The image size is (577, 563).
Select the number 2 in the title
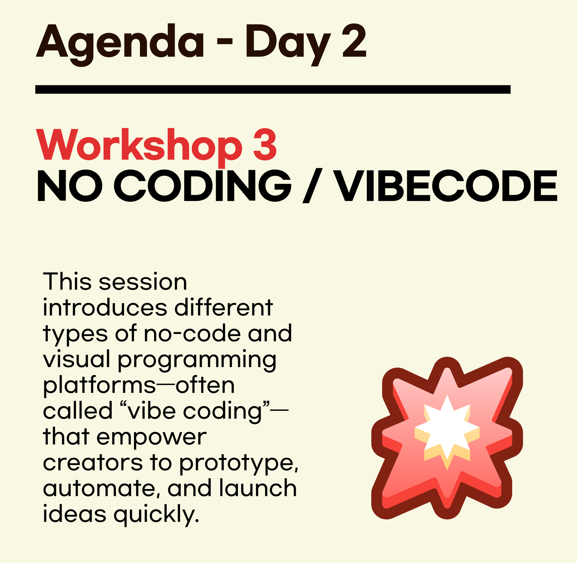click(x=354, y=41)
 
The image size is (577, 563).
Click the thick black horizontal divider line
click(x=273, y=90)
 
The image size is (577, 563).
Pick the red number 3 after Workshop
click(x=265, y=144)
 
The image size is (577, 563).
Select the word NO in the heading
click(x=70, y=186)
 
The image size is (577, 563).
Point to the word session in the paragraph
click(x=143, y=282)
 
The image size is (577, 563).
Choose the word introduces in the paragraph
click(x=105, y=307)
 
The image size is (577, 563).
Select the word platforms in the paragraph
click(x=100, y=385)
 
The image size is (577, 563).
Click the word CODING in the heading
click(x=203, y=186)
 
